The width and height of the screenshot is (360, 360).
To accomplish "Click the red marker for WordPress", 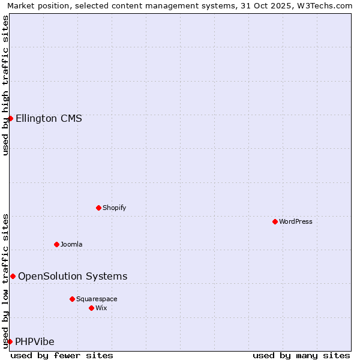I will tap(275, 221).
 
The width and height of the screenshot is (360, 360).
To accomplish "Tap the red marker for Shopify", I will tap(98, 208).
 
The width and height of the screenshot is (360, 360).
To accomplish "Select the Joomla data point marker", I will tap(56, 244).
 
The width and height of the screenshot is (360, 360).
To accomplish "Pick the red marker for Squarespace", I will tap(72, 299).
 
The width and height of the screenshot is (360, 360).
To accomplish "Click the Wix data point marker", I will tap(91, 308).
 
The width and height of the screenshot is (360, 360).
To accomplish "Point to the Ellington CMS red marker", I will tap(10, 118).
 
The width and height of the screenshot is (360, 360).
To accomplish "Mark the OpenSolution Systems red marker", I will tap(13, 276).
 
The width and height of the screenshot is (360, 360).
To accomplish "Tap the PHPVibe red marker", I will tap(10, 341).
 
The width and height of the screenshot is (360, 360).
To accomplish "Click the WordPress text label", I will tap(296, 221).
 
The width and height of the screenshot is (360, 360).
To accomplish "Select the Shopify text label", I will tap(114, 208).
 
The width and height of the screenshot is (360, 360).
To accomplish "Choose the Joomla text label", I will tap(71, 244).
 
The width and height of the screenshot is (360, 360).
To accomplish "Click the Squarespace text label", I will tap(97, 299).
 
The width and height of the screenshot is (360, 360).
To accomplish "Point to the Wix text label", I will tap(101, 308).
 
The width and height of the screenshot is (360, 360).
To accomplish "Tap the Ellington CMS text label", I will tap(49, 118).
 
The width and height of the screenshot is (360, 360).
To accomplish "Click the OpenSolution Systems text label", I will tap(73, 276).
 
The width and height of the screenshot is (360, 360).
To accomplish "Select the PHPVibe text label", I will tap(35, 341).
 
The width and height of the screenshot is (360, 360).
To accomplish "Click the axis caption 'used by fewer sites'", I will tap(62, 355).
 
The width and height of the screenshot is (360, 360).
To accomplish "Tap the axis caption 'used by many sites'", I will tap(301, 355).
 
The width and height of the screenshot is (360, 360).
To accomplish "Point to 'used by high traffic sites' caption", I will tap(5, 85).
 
